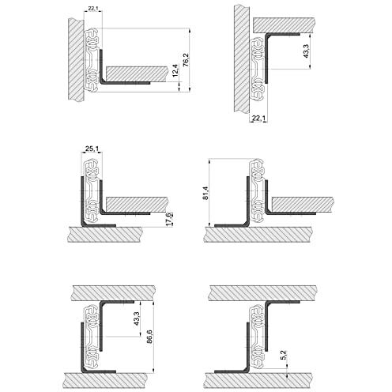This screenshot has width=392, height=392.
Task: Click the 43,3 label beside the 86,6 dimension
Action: (138, 318)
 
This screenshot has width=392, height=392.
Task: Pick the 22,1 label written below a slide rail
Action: (258, 119)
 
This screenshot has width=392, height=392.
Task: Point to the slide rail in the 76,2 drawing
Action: (92, 59)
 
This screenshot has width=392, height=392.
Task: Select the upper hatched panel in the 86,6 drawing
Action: (111, 292)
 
